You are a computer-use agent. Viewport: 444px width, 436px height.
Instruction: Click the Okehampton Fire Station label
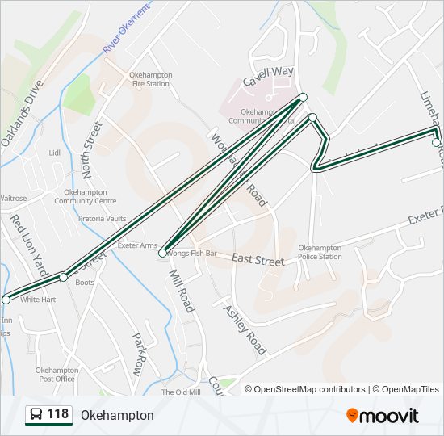(x=149, y=79)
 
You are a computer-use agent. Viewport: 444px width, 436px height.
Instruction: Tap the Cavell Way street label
(x=269, y=81)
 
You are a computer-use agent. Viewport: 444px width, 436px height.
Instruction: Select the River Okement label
(x=127, y=29)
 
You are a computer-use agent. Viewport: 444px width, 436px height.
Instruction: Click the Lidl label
(x=55, y=152)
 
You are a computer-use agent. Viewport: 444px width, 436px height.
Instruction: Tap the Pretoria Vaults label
(x=103, y=218)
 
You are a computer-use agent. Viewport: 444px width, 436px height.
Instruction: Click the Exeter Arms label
(x=137, y=245)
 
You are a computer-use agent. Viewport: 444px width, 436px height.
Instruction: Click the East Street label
(x=258, y=260)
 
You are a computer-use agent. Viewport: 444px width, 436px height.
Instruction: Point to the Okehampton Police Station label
(x=320, y=252)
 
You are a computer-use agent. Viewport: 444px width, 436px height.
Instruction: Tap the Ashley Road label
(x=245, y=329)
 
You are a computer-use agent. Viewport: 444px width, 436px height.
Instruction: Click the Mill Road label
(x=182, y=291)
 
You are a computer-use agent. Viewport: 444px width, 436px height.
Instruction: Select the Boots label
(x=85, y=283)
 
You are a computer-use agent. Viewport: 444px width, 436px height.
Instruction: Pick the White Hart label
(x=38, y=300)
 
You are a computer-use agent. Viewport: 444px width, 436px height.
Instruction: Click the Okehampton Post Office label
(x=55, y=374)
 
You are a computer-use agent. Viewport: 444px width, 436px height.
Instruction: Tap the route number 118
(x=57, y=414)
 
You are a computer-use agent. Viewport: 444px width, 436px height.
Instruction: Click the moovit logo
(x=383, y=415)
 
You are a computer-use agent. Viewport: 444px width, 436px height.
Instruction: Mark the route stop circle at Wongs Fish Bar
(x=163, y=254)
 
